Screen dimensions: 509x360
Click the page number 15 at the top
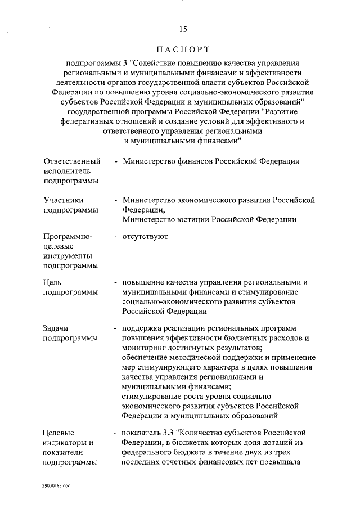[182, 29]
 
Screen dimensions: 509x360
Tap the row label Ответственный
[67, 161]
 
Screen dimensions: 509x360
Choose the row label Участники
[64, 200]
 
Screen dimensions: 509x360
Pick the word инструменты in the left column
[66, 256]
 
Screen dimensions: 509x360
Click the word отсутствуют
[146, 237]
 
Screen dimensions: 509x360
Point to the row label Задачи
[57, 328]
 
